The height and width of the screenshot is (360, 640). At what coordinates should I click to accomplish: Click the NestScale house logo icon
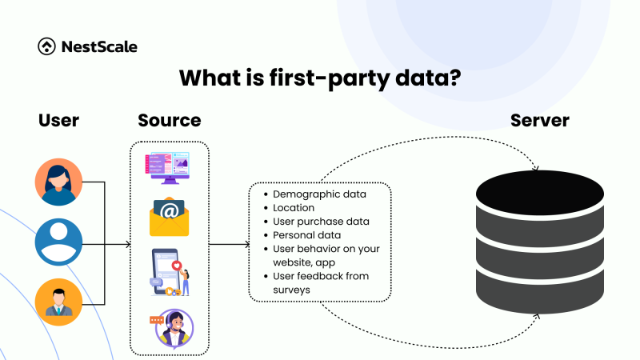(46, 46)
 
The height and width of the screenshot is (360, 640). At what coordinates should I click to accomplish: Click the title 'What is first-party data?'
(320, 78)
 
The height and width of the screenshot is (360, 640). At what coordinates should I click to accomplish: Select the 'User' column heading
(58, 121)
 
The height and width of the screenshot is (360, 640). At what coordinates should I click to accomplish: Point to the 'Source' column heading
(169, 121)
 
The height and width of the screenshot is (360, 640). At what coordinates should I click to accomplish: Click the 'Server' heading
(539, 121)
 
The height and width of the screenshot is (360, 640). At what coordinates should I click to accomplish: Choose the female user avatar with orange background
(58, 182)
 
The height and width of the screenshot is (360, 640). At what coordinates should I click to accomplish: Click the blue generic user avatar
(58, 242)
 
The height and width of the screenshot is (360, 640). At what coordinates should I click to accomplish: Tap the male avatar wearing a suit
(58, 302)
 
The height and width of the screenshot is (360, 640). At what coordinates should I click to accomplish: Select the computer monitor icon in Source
(169, 169)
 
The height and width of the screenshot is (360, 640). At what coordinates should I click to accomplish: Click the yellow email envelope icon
(169, 218)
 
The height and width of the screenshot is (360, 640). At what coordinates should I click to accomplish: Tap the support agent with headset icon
(170, 327)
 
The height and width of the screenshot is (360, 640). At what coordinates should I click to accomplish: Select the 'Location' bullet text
(294, 208)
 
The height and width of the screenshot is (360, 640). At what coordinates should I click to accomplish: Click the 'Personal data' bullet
(306, 235)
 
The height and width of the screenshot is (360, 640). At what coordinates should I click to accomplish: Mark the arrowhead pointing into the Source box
(126, 242)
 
